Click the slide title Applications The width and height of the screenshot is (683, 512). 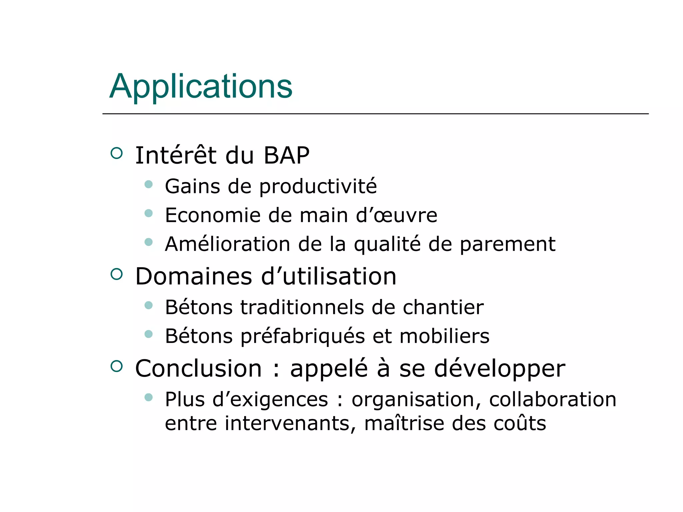(201, 87)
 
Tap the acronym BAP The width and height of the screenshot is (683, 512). (286, 156)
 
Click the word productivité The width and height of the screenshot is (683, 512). (318, 187)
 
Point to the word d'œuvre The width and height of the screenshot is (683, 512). (397, 215)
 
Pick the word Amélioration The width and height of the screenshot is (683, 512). (228, 244)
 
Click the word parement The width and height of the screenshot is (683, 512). (508, 245)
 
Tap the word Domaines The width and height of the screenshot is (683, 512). (194, 277)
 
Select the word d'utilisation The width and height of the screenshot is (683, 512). (329, 277)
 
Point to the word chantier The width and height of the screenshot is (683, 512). (443, 307)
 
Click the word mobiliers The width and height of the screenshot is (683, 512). (445, 336)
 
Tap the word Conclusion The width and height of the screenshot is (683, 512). (198, 369)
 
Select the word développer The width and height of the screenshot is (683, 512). (500, 369)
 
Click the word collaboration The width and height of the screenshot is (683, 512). (553, 399)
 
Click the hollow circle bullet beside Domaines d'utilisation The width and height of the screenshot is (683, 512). (116, 274)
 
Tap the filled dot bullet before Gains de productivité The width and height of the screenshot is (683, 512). (149, 184)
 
